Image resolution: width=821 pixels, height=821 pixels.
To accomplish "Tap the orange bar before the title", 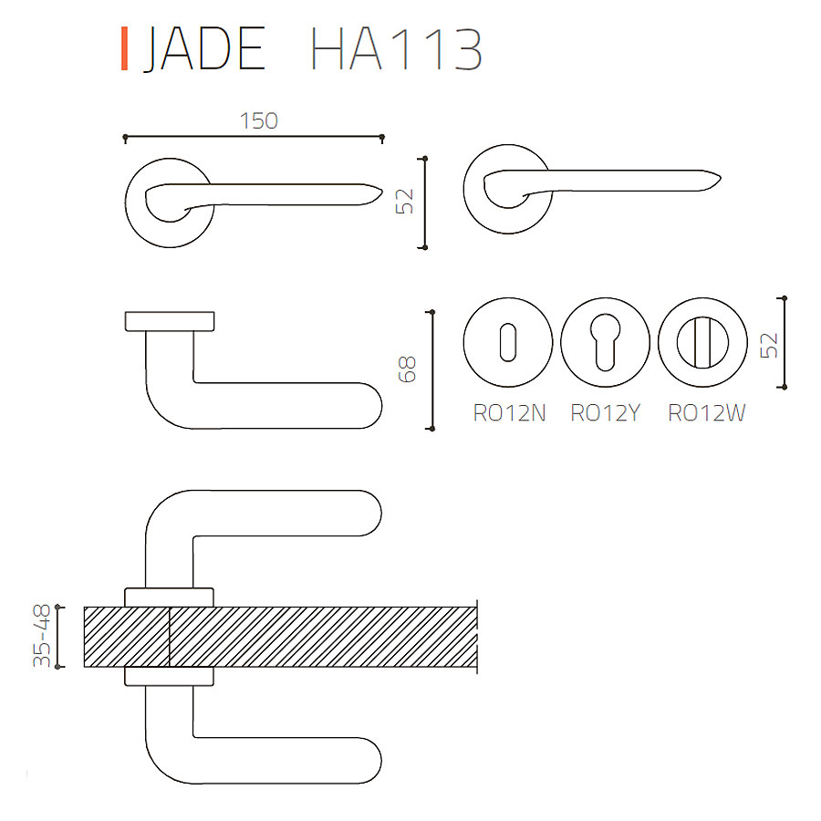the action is point(125,48).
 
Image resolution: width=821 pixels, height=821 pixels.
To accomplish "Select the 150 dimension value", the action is point(259,121).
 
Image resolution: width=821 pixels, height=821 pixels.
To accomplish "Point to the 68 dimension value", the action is point(408,369).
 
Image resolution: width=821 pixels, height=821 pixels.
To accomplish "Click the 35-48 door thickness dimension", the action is point(42,636).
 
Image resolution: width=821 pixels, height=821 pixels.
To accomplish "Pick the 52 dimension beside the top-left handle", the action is point(405,202).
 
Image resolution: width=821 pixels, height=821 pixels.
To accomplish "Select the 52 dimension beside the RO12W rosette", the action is point(770,346).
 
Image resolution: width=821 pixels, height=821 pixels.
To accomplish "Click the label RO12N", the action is point(509,413).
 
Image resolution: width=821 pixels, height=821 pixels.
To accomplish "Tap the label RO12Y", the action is point(606,413).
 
